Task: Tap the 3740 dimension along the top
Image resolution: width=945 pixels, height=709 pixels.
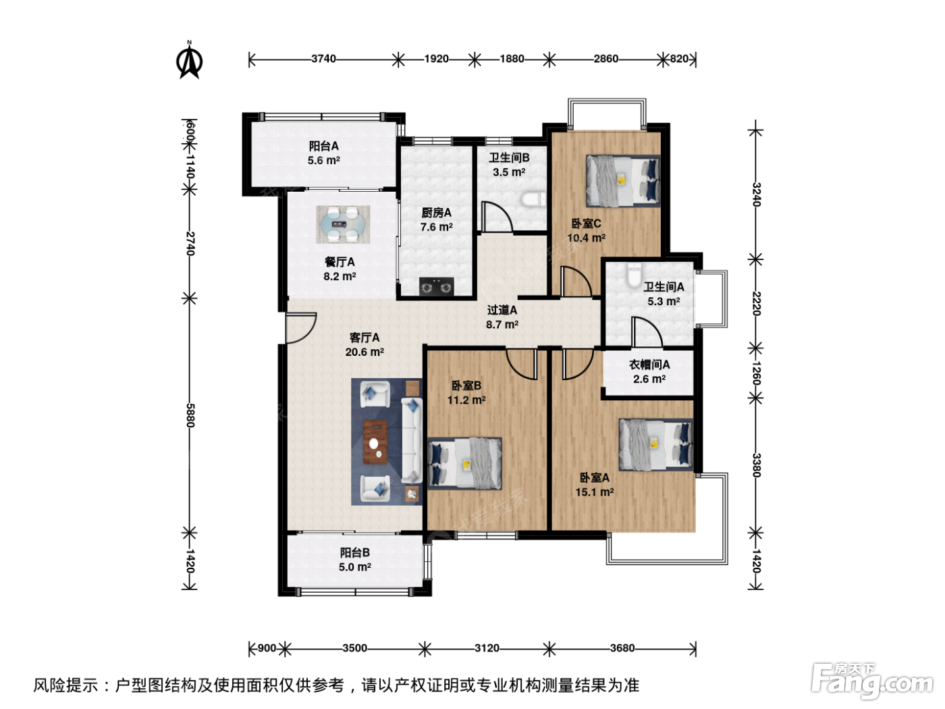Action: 323,59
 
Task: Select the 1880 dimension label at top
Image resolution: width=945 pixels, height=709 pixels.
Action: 512,59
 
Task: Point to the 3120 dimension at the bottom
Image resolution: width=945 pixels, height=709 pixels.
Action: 487,648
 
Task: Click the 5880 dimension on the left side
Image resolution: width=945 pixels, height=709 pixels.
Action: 190,415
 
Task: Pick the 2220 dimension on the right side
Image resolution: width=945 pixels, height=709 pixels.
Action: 757,303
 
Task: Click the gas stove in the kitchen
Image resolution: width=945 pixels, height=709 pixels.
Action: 436,287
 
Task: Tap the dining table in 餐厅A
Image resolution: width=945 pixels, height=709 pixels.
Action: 343,224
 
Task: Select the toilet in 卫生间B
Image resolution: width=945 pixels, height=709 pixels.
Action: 533,199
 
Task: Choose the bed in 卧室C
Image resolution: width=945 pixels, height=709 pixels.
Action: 623,181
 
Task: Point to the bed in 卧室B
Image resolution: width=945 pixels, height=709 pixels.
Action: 465,464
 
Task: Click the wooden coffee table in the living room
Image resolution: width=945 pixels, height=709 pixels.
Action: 375,442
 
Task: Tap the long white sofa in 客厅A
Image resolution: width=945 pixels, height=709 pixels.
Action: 412,440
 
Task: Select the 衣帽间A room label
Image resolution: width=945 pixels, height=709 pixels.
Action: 649,365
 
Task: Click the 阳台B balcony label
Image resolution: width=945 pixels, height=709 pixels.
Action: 355,552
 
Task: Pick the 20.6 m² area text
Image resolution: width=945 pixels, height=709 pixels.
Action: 364,352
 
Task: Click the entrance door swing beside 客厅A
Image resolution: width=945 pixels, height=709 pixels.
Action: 301,328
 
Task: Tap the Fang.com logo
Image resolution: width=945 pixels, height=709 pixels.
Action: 872,681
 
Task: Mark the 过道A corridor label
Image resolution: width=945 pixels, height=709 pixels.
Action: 502,310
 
